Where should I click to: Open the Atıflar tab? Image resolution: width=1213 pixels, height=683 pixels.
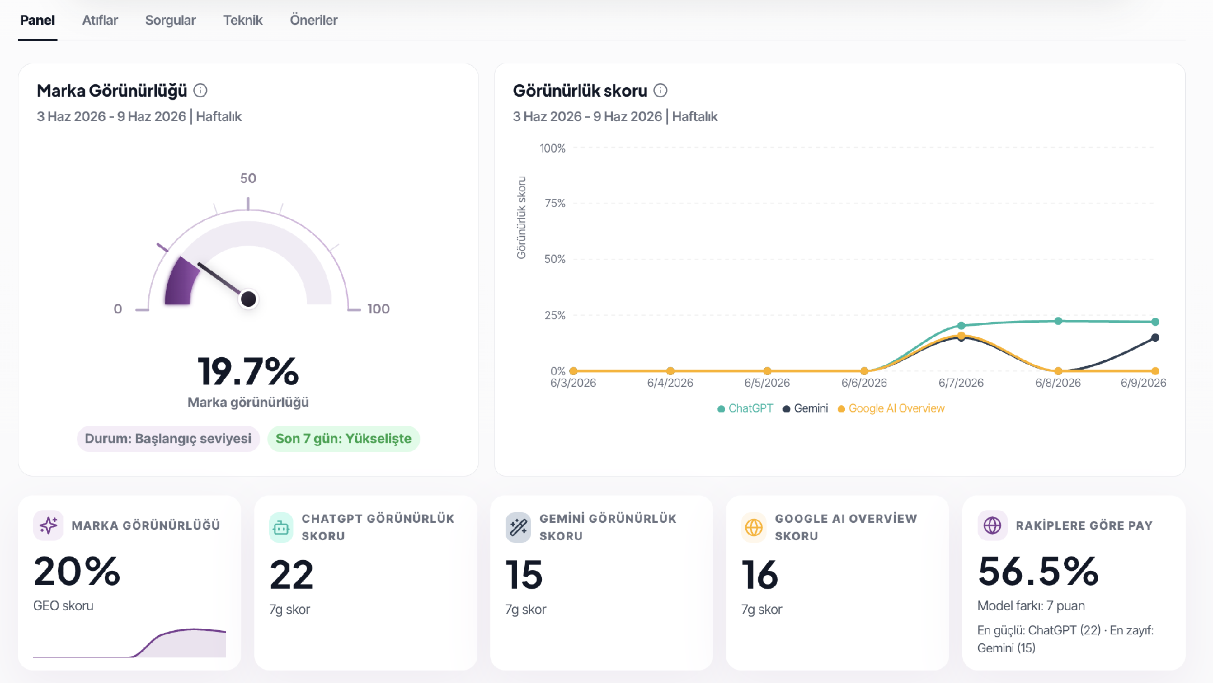100,20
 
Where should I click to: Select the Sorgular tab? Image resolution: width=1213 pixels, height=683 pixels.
170,20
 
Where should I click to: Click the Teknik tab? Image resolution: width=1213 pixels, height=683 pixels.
242,20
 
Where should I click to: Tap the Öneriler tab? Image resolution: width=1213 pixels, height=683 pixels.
314,20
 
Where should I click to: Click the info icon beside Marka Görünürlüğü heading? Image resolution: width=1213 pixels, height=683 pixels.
200,90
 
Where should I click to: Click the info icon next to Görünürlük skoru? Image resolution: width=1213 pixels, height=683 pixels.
660,90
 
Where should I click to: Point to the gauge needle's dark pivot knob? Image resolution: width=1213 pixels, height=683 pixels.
248,298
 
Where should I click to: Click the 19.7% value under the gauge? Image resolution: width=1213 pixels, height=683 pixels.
248,371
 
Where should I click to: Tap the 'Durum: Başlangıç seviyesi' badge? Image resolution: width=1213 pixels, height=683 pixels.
168,439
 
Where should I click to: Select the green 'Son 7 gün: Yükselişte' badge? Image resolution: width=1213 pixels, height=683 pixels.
343,439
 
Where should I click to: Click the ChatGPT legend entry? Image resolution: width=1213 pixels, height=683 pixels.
745,408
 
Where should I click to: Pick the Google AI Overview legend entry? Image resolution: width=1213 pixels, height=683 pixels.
891,408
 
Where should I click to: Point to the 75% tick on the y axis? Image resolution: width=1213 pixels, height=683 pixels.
555,203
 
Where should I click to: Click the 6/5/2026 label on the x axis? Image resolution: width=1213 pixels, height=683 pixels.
767,383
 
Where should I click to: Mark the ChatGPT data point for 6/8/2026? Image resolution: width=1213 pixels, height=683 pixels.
1058,321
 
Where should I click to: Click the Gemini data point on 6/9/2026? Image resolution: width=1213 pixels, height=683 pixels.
1155,338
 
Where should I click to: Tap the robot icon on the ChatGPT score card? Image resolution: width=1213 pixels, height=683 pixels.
281,527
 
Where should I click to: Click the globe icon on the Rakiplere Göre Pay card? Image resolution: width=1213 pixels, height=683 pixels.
992,525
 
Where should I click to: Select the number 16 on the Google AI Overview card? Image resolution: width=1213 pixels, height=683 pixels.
759,574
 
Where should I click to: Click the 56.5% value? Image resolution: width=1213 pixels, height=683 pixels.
1038,571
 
